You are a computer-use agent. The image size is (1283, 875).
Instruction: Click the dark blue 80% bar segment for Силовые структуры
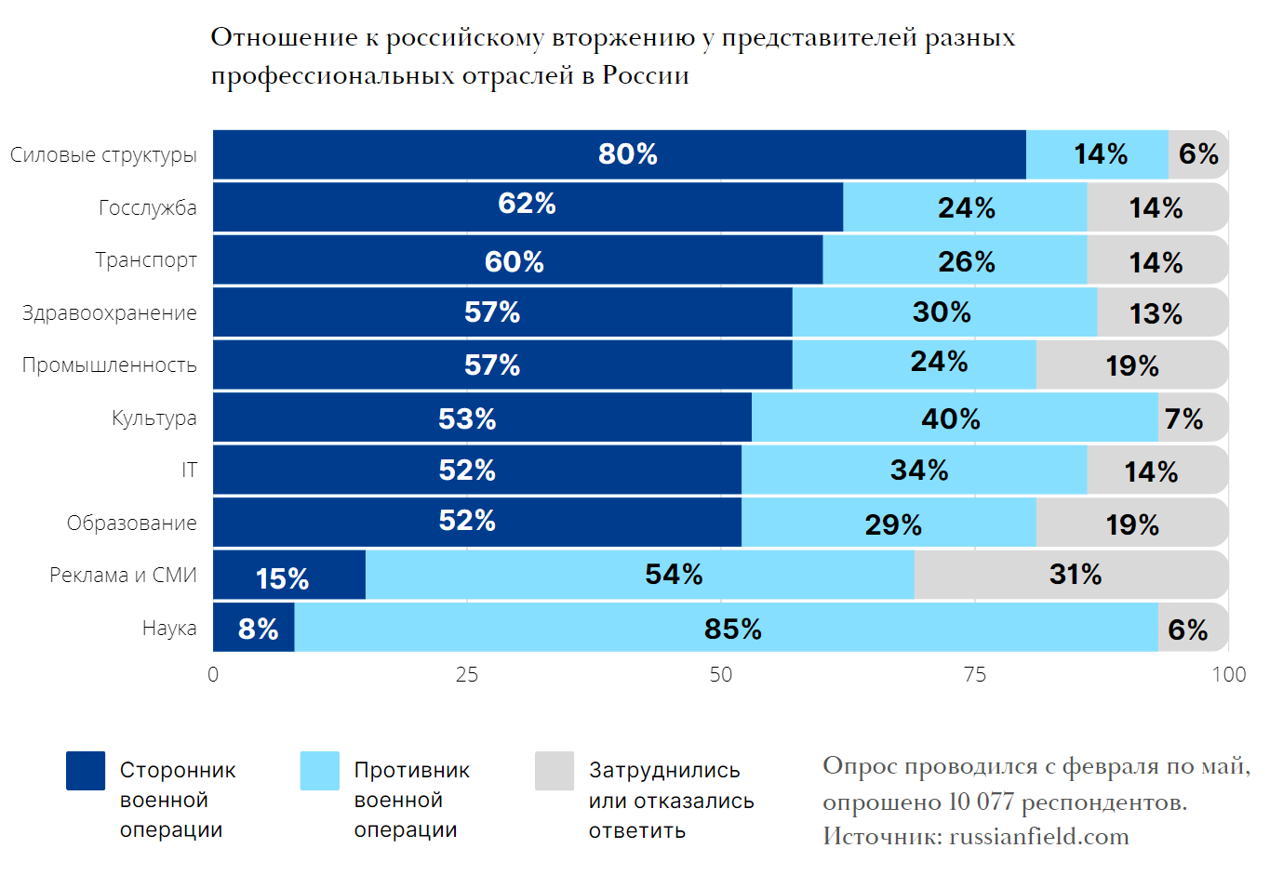click(x=619, y=154)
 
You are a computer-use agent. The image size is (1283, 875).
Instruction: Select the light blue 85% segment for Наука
click(x=726, y=629)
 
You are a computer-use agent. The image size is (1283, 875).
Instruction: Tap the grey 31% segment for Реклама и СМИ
click(x=1070, y=575)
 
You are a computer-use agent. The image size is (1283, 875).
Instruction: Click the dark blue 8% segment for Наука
click(x=254, y=629)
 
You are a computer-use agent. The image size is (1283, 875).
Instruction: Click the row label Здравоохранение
click(x=109, y=313)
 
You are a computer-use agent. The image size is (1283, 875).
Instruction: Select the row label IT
click(x=189, y=471)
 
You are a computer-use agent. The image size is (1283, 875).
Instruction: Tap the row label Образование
click(x=131, y=524)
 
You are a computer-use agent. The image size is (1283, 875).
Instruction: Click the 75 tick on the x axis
click(x=974, y=675)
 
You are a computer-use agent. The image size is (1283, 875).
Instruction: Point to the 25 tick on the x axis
click(x=466, y=675)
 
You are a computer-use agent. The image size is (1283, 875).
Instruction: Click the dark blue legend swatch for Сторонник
click(x=86, y=771)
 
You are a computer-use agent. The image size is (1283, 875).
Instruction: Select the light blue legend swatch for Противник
click(x=320, y=771)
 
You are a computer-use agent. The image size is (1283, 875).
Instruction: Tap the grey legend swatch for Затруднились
click(x=555, y=771)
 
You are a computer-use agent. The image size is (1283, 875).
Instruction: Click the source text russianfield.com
click(x=1038, y=837)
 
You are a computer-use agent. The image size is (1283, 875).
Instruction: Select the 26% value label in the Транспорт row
click(x=966, y=262)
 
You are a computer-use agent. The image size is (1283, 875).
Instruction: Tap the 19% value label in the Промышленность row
click(x=1131, y=366)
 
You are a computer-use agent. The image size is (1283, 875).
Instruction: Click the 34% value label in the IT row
click(x=918, y=471)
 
